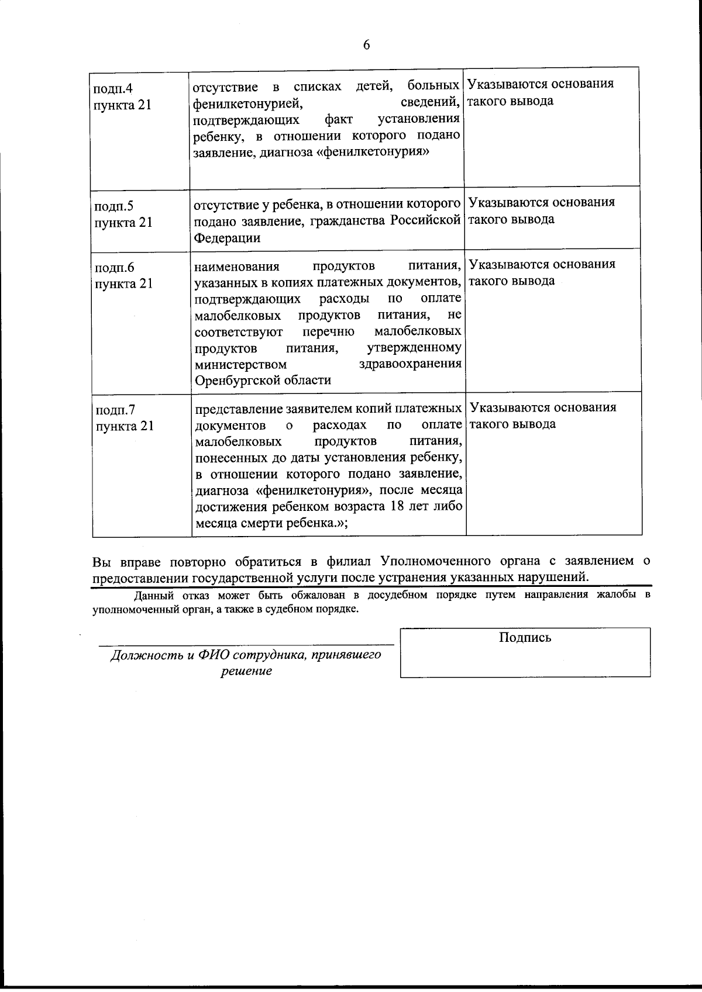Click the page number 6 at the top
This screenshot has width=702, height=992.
click(367, 45)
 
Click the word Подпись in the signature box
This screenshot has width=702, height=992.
click(525, 637)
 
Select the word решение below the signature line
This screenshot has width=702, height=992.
click(246, 671)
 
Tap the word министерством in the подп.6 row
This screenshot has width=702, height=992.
click(240, 364)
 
